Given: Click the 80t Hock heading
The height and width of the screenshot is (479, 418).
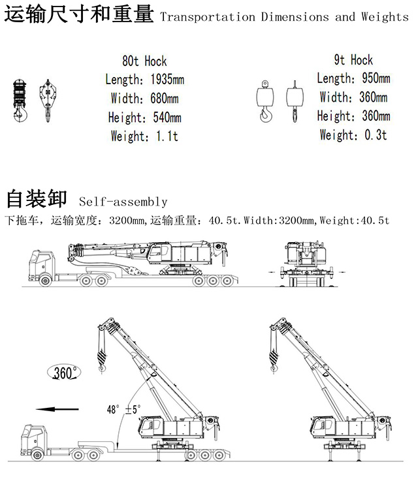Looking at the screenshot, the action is [x=144, y=61].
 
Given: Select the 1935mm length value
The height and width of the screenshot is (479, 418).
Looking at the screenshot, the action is [x=167, y=80].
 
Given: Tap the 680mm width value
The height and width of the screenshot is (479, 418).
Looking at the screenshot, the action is [x=165, y=99].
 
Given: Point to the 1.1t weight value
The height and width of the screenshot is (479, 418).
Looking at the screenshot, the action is [x=167, y=136].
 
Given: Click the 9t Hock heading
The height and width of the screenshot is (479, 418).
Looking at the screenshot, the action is [x=353, y=60].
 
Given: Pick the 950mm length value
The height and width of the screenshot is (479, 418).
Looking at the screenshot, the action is [x=376, y=78].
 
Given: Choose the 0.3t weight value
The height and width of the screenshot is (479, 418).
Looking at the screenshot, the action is [x=376, y=134].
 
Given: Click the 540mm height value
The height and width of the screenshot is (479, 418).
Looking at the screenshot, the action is [x=167, y=117].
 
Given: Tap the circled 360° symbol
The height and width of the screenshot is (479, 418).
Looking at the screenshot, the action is [x=64, y=373].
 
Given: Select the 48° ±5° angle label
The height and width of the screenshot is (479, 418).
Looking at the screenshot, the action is [x=124, y=409].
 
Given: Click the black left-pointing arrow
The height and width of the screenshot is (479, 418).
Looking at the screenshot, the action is [x=57, y=409].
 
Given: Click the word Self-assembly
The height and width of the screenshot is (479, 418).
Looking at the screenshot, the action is [x=123, y=202].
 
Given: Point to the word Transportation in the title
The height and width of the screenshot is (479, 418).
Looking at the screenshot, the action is [x=208, y=17].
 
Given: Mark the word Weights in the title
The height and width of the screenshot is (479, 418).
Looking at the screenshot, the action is [x=385, y=17].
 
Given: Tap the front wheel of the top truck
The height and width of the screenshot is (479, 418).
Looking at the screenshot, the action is [x=45, y=280].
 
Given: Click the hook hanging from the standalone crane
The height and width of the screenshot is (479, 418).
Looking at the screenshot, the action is [x=274, y=361].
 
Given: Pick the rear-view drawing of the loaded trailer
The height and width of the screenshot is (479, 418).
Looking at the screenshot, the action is [x=307, y=264].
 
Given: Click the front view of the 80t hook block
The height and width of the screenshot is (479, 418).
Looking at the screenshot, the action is [x=20, y=100].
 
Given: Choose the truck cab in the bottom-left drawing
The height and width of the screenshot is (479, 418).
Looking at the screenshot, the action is [x=34, y=439].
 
